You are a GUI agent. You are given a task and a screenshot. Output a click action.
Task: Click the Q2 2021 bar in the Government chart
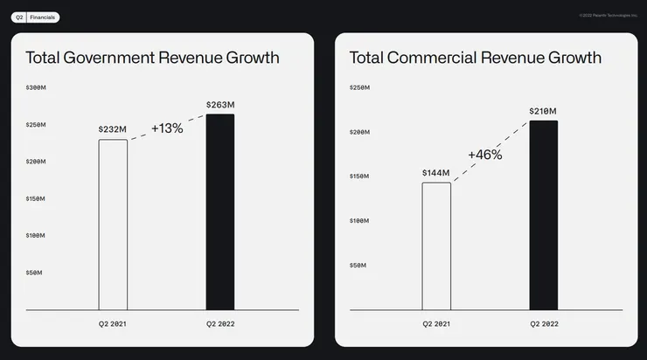click(x=113, y=225)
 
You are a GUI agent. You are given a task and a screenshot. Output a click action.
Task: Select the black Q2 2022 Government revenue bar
click(x=220, y=211)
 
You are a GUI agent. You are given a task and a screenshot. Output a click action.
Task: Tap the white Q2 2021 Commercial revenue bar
click(x=436, y=246)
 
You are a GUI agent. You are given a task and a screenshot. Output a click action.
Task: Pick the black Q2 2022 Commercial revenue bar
click(x=543, y=215)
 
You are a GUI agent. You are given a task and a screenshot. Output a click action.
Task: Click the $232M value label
click(x=113, y=129)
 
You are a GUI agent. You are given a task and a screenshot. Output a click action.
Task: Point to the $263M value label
click(x=220, y=105)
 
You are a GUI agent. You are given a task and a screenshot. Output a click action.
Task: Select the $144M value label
click(x=435, y=172)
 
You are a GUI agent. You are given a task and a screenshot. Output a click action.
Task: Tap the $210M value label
click(x=543, y=111)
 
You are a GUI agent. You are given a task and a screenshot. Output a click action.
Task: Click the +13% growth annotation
click(x=167, y=128)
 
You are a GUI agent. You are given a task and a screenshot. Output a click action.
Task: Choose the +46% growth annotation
click(x=485, y=155)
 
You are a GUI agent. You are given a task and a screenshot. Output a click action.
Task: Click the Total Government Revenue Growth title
click(x=152, y=58)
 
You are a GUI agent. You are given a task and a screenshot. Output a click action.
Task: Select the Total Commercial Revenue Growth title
click(x=476, y=58)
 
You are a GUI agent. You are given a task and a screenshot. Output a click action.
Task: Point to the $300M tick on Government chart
click(x=36, y=88)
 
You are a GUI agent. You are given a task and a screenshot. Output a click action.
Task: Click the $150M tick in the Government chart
click(x=36, y=198)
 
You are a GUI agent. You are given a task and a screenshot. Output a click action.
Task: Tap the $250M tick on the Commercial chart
click(x=359, y=88)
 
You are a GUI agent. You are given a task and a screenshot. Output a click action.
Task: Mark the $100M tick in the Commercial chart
click(x=359, y=220)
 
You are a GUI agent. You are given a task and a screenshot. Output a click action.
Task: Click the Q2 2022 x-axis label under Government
click(x=220, y=324)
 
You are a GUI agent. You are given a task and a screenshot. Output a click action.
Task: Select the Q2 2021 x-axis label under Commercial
click(x=436, y=324)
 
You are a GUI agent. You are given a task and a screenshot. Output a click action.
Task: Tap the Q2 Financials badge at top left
click(x=36, y=17)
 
